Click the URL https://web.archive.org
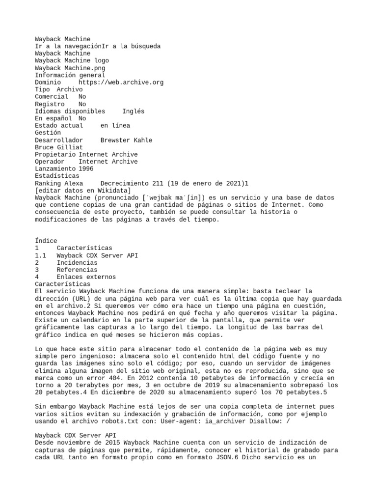pos(121,83)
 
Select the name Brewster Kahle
pos(126,140)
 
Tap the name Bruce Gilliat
pos(59,147)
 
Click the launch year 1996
pos(86,168)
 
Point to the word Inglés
pos(133,111)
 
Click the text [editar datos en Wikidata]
pos(82,190)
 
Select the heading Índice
pos(46,241)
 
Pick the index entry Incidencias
pos(77,262)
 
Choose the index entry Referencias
pos(77,270)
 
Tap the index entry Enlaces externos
pos(86,277)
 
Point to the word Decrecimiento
pos(124,183)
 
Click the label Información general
pos(70,75)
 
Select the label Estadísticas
pos(57,176)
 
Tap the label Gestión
pos(48,133)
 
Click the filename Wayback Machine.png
pos(70,68)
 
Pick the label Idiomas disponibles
pos(70,111)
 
